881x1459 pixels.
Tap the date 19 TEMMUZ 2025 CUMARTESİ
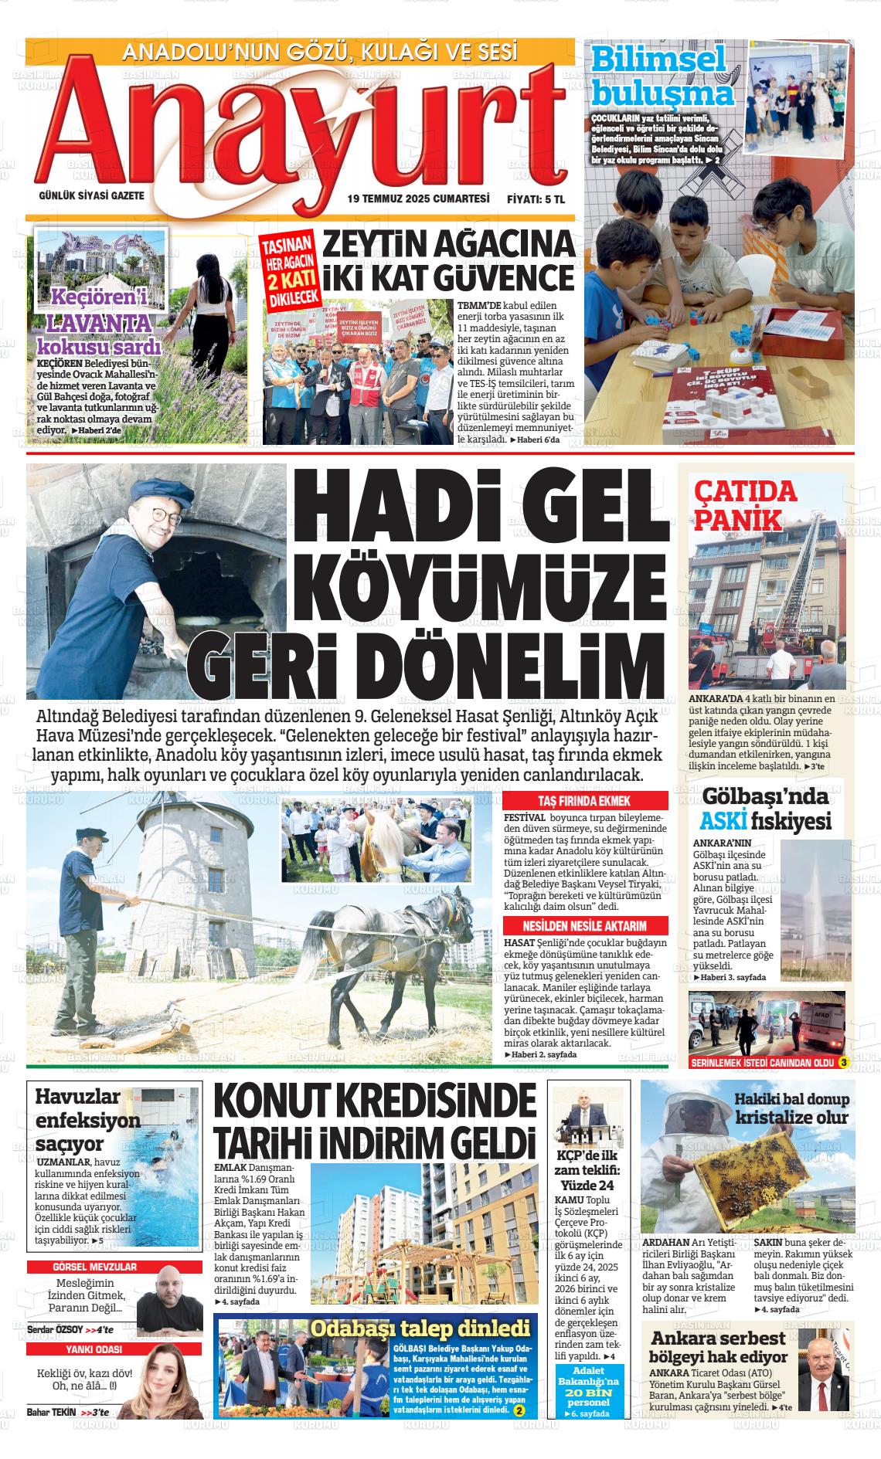[418, 198]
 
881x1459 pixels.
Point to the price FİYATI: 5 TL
[536, 198]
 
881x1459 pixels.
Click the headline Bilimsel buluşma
[662, 76]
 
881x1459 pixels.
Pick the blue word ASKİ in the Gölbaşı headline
[723, 820]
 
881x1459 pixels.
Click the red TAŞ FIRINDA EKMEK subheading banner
[585, 801]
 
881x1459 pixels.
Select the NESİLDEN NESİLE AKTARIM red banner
[585, 926]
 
